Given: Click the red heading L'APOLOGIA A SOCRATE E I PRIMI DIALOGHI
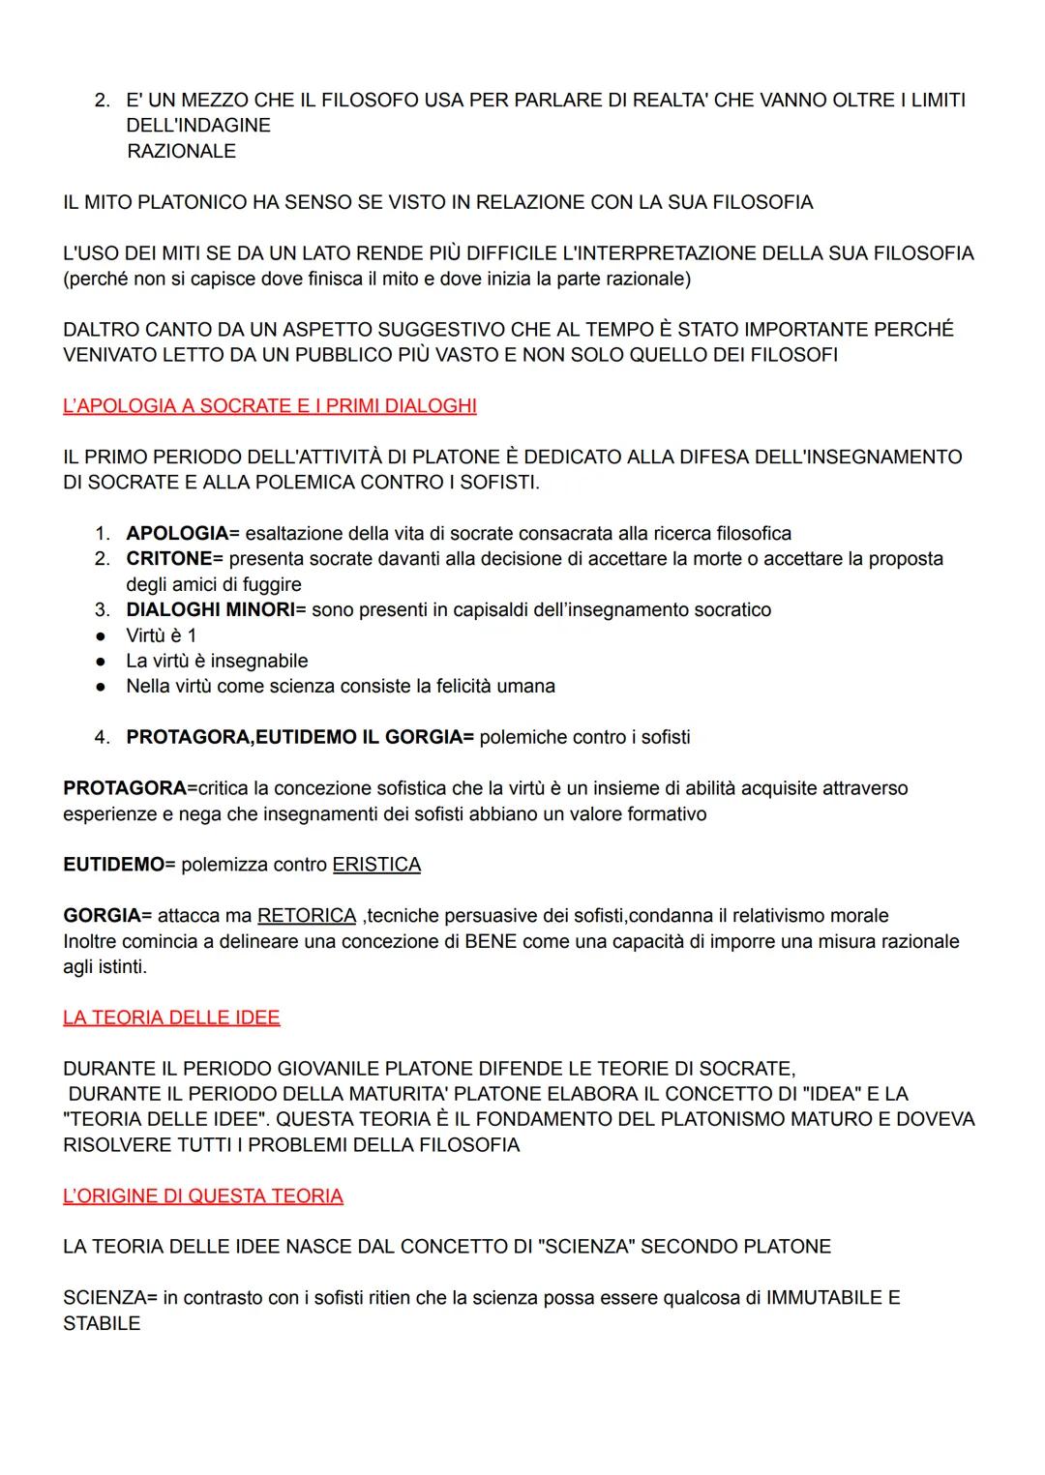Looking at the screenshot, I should point(269,406).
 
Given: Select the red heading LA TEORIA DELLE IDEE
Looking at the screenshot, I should point(171,1018).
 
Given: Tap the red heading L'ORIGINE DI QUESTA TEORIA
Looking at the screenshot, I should point(202,1196).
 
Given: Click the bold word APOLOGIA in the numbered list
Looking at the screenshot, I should point(177,534).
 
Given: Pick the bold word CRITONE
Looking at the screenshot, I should point(169,559).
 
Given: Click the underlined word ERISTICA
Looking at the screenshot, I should point(376,865).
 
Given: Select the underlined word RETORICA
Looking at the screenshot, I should point(307,916).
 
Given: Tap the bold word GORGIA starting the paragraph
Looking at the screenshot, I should point(102,916).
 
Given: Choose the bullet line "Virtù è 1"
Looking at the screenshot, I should point(162,635).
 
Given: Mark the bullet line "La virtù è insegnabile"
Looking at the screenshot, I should point(217,662).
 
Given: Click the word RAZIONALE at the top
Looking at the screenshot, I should point(181,152).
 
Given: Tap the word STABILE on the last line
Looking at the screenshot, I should point(102,1324).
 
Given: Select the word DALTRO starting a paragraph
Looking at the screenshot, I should point(103,330).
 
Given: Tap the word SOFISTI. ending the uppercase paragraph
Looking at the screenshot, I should point(498,483).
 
